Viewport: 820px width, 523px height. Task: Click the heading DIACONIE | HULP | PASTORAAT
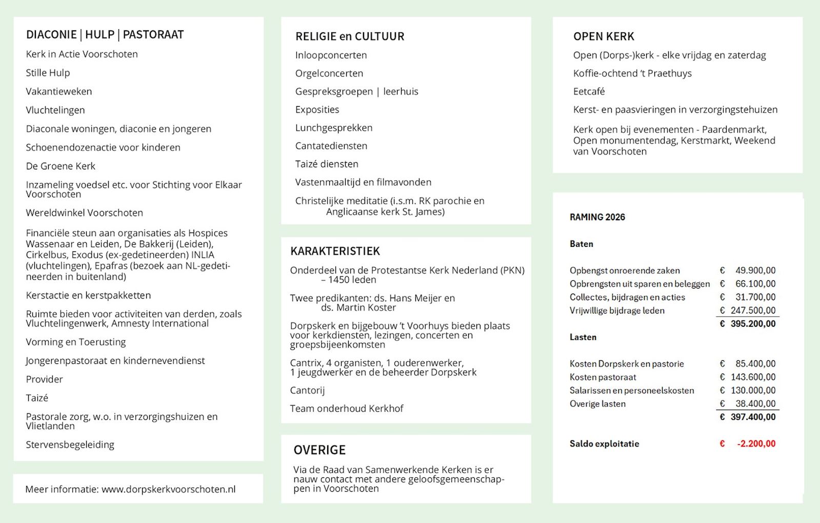[x=105, y=34]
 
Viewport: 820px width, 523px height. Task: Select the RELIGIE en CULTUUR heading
[x=350, y=36]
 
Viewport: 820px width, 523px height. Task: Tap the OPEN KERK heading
[x=604, y=36]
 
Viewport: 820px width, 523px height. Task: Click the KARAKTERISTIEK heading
[x=335, y=251]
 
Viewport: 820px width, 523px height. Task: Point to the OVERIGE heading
[x=319, y=450]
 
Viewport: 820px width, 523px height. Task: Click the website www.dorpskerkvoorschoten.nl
[x=168, y=489]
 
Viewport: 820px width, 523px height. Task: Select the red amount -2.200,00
[x=756, y=443]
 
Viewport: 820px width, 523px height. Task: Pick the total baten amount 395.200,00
[x=753, y=324]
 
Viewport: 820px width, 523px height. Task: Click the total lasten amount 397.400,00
[x=753, y=417]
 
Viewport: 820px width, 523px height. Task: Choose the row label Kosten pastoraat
[x=603, y=377]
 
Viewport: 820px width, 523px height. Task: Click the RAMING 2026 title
[x=597, y=217]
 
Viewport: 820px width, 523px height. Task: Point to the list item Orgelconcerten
[x=329, y=73]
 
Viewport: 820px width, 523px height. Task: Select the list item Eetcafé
[x=589, y=91]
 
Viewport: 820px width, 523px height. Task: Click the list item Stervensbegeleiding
[x=70, y=444]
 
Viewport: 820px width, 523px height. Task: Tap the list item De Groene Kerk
[x=61, y=166]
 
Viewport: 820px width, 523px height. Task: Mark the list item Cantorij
[x=307, y=390]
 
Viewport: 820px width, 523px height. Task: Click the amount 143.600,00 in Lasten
[x=753, y=377]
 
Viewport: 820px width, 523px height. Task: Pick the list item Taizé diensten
[x=327, y=164]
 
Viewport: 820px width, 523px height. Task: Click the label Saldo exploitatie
[x=604, y=443]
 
